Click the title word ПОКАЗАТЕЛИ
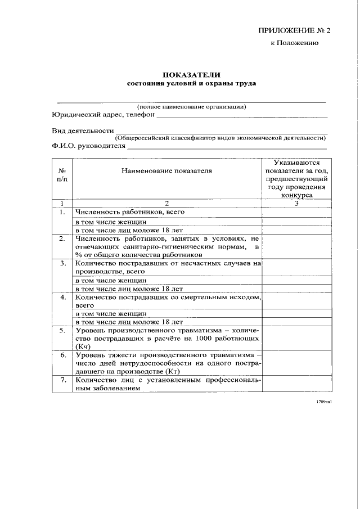coord(192,74)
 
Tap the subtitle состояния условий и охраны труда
coord(192,83)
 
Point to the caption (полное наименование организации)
coord(192,106)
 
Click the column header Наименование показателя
coord(166,171)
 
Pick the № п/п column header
coord(62,175)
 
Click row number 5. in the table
coord(62,330)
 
